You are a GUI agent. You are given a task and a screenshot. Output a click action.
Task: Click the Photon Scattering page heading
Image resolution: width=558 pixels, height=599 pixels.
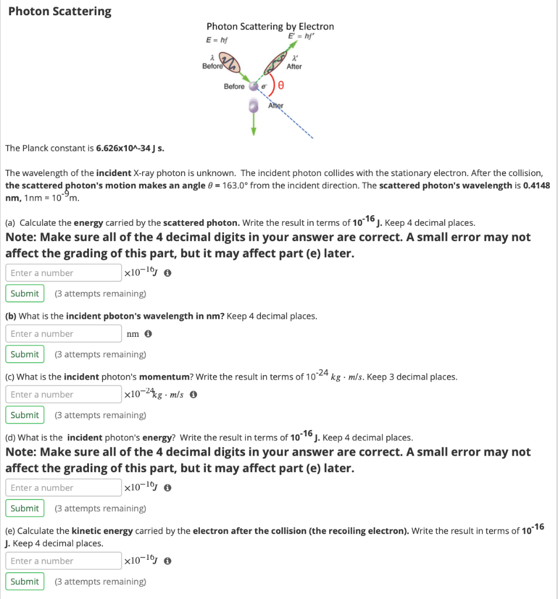pyautogui.click(x=60, y=12)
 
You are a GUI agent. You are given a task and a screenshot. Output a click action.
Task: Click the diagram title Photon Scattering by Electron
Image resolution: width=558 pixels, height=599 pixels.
pyautogui.click(x=270, y=26)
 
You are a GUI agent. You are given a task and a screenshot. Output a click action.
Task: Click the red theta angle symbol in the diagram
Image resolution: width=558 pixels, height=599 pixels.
pyautogui.click(x=281, y=86)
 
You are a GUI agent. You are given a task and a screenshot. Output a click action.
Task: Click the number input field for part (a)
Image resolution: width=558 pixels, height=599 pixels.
pyautogui.click(x=63, y=273)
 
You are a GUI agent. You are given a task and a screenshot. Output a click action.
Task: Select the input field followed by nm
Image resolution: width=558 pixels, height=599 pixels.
pyautogui.click(x=63, y=333)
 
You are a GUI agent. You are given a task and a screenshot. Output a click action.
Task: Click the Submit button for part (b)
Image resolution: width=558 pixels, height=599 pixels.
pyautogui.click(x=25, y=354)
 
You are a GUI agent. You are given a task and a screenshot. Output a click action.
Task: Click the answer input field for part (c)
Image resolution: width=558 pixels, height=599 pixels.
pyautogui.click(x=63, y=394)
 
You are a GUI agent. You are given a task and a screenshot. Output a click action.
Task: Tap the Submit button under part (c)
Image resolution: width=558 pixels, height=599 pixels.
pyautogui.click(x=25, y=415)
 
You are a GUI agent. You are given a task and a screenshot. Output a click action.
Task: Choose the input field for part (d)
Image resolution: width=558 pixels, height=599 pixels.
pyautogui.click(x=63, y=487)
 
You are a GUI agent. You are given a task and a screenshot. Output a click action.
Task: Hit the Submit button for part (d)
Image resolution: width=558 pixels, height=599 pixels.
pyautogui.click(x=25, y=508)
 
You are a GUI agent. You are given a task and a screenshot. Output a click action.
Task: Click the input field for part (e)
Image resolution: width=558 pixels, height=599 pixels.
pyautogui.click(x=63, y=560)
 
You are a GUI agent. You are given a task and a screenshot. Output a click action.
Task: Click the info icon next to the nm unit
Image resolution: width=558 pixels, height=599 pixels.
pyautogui.click(x=148, y=334)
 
